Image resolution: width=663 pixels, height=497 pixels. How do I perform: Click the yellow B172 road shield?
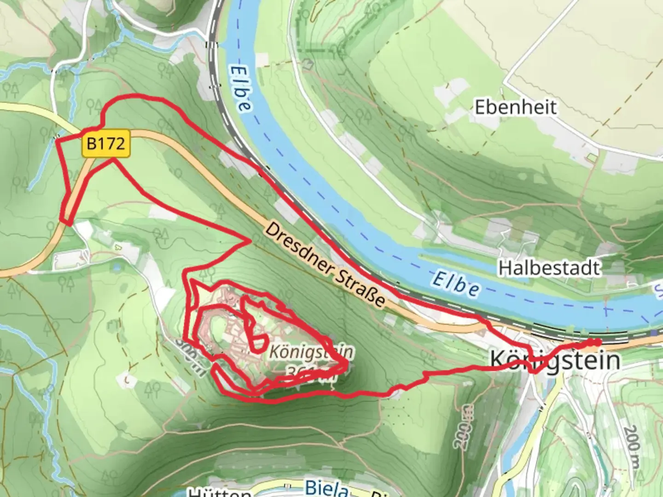pos(106,144)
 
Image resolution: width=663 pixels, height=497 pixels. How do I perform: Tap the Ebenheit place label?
pos(515,107)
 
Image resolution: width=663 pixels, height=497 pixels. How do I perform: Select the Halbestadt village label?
pos(549,268)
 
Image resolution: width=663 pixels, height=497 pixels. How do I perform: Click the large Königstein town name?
pos(555,360)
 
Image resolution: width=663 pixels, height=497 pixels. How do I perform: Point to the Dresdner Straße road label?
pos(325,265)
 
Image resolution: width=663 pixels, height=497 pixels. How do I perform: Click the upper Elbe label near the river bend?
pos(241,87)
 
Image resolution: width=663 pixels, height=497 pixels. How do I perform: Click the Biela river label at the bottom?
pos(326,488)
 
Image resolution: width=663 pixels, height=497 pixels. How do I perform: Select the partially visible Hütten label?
pos(220,492)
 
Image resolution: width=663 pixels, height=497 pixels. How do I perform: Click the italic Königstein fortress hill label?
pos(311,352)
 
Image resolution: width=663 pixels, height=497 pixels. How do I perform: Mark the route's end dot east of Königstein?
pos(597,341)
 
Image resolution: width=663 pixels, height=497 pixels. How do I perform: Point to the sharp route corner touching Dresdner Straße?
pos(251,240)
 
